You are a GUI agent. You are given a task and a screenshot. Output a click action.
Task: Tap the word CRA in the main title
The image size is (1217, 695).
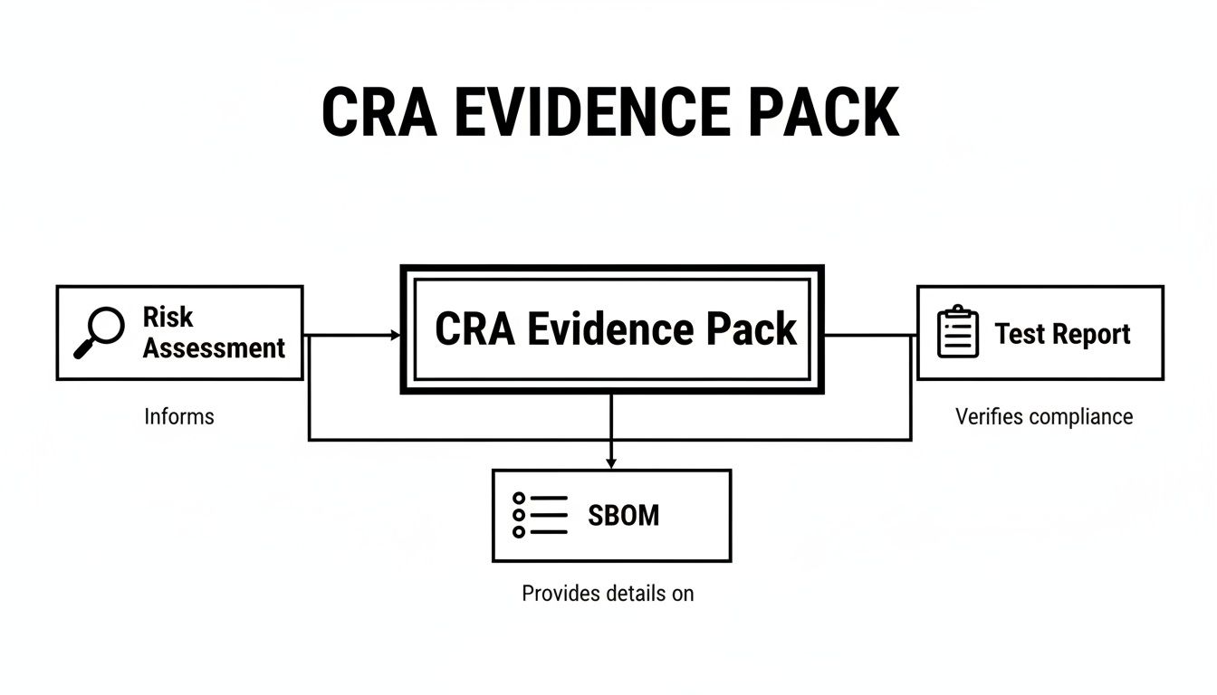[x=369, y=113]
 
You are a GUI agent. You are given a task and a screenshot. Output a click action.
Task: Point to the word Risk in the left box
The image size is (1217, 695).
[x=168, y=317]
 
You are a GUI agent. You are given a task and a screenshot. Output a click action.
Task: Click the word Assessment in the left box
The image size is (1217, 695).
[x=214, y=347]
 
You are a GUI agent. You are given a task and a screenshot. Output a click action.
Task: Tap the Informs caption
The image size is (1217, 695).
[x=179, y=417]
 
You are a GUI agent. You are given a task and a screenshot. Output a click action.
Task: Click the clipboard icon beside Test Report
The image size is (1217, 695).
[x=957, y=332]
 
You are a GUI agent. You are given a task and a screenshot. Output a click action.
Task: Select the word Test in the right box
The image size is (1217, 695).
[x=1021, y=334]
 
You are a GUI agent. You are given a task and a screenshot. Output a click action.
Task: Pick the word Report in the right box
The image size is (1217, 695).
[x=1092, y=334]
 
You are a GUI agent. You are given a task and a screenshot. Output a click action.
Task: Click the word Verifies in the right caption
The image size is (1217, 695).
[x=989, y=417]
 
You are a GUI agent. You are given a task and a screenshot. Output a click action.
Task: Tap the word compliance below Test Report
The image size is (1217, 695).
[x=1079, y=417]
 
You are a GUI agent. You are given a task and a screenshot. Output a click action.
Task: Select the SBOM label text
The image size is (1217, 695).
[x=624, y=516]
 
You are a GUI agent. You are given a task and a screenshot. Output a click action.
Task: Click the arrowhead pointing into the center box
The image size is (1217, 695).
[x=395, y=336]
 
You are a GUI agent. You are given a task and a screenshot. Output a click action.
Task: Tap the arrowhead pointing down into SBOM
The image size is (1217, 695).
[x=611, y=462]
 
